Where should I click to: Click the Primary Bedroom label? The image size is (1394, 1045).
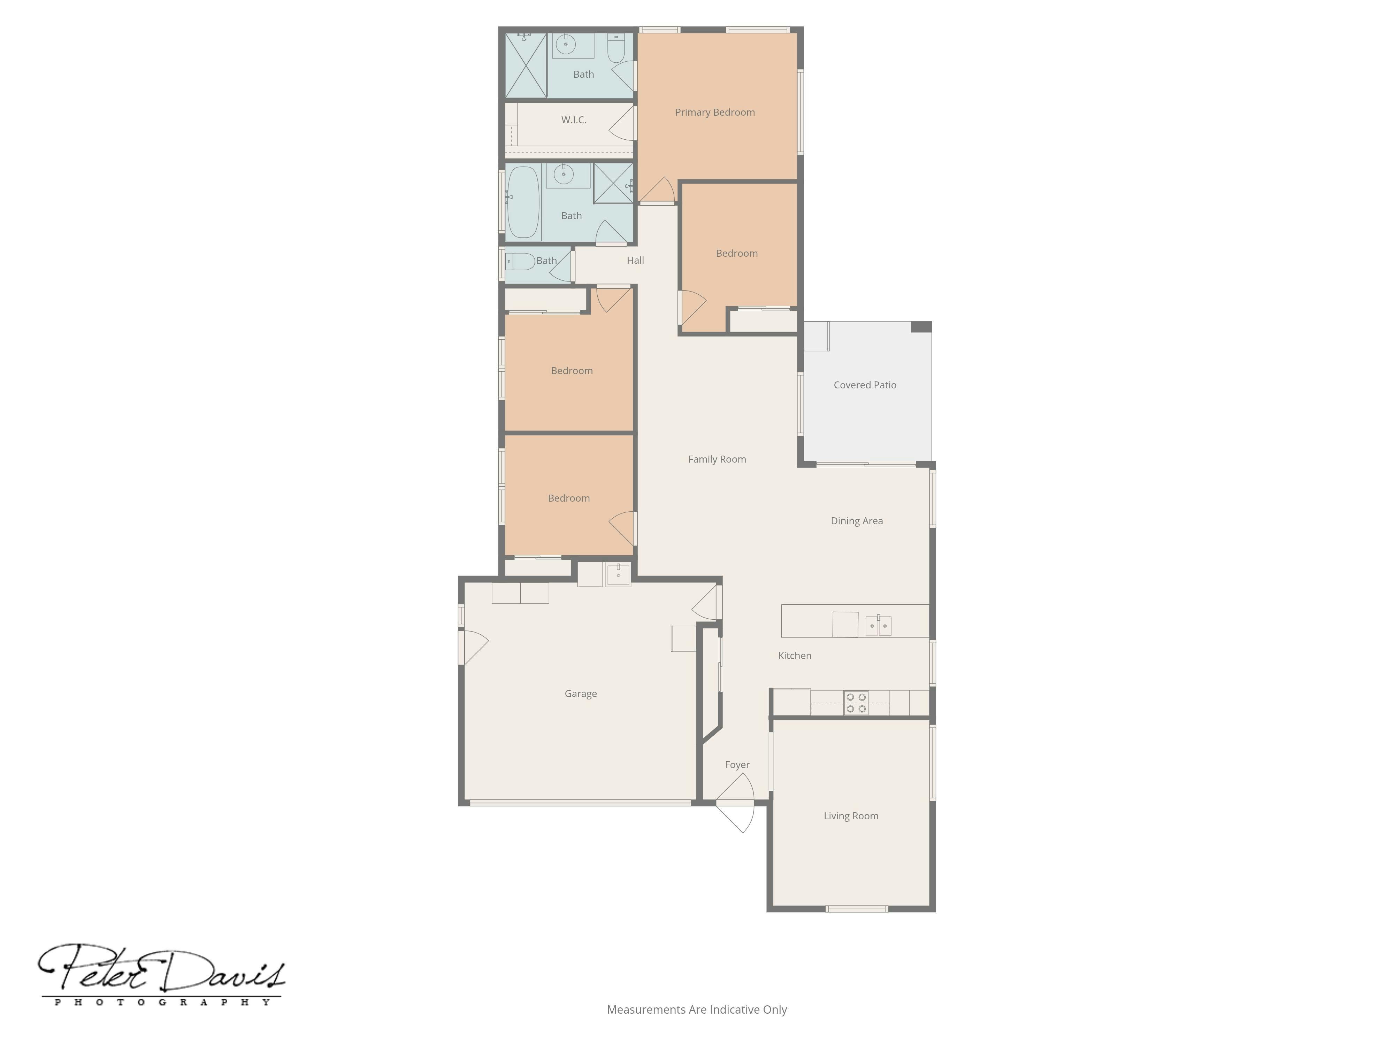pyautogui.click(x=715, y=112)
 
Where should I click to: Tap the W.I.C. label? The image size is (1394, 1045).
pyautogui.click(x=574, y=120)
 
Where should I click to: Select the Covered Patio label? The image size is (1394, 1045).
pyautogui.click(x=865, y=385)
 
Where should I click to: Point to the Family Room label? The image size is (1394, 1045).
pyautogui.click(x=717, y=459)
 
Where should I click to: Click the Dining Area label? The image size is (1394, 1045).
pyautogui.click(x=857, y=521)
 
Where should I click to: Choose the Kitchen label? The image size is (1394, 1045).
pyautogui.click(x=795, y=656)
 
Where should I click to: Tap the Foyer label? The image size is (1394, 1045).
pyautogui.click(x=737, y=765)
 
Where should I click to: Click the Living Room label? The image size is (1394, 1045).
pyautogui.click(x=851, y=816)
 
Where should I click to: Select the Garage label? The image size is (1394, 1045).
pyautogui.click(x=580, y=694)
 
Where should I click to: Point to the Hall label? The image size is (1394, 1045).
pyautogui.click(x=635, y=260)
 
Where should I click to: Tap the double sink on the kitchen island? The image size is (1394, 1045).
pyautogui.click(x=878, y=626)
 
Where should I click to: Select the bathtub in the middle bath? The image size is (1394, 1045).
pyautogui.click(x=523, y=202)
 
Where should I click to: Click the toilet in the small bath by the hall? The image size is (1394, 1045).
pyautogui.click(x=520, y=261)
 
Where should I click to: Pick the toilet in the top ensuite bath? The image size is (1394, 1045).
pyautogui.click(x=616, y=48)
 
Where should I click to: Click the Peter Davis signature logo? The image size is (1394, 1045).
pyautogui.click(x=161, y=968)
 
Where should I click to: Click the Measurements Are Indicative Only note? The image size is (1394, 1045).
pyautogui.click(x=696, y=1010)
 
